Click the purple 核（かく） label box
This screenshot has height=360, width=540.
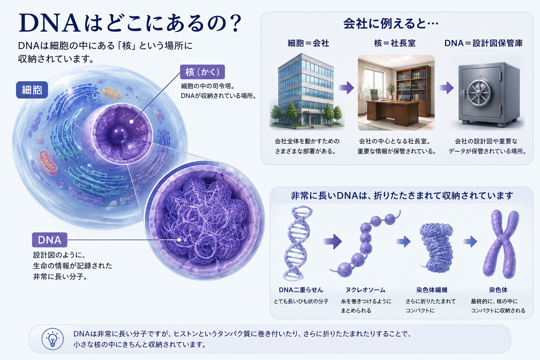point(202,72)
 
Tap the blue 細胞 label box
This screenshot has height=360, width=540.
point(32,90)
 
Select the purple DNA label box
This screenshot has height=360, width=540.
point(50,240)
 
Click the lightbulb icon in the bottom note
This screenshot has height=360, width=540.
point(52,339)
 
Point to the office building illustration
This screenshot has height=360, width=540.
point(307,90)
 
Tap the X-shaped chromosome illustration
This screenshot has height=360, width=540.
point(501,244)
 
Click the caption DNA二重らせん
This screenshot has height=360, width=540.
point(301,290)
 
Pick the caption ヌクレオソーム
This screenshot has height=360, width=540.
point(366,290)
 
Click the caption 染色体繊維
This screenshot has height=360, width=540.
point(432,290)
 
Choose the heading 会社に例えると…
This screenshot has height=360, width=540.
point(391,24)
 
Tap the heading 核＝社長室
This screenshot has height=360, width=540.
point(395,43)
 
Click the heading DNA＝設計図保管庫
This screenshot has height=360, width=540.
point(484,43)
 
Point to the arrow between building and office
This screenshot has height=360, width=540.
point(346,88)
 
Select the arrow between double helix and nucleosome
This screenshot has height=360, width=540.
point(333,241)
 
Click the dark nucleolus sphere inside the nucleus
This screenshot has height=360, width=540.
point(118,135)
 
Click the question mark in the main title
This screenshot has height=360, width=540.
point(234,23)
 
